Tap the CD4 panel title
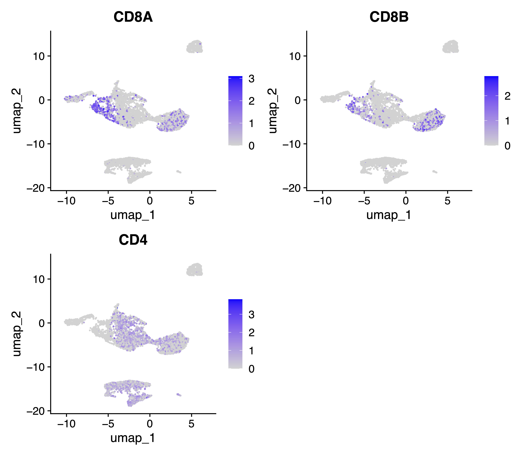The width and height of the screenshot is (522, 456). point(133,240)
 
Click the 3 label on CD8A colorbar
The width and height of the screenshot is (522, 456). point(252,79)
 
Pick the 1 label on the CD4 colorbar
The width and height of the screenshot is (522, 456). point(252,351)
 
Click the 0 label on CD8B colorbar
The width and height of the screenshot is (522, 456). point(507,146)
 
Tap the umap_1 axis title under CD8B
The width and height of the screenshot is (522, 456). point(389,215)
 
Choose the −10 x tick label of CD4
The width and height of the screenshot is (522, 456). point(67,424)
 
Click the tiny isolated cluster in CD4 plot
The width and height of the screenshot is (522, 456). point(179,395)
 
